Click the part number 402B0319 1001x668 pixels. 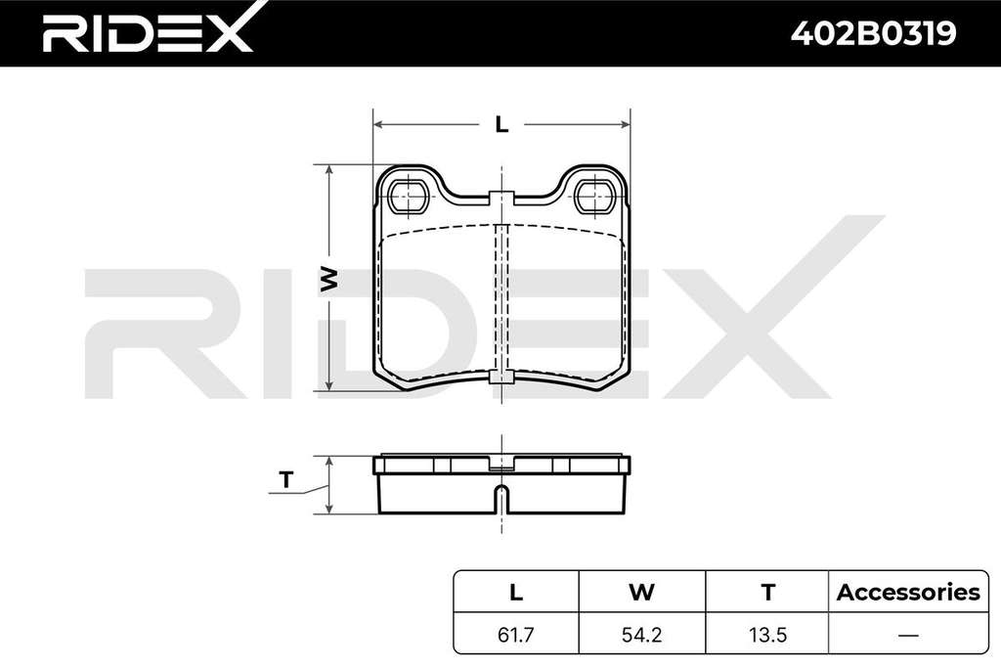pyautogui.click(x=873, y=33)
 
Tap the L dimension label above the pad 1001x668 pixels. pyautogui.click(x=501, y=124)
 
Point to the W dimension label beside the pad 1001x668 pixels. pyautogui.click(x=328, y=279)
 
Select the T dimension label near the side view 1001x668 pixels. pyautogui.click(x=286, y=479)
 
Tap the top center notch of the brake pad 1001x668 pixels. pyautogui.click(x=501, y=199)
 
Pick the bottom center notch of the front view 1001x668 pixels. pyautogui.click(x=501, y=378)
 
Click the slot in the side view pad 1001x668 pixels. pyautogui.click(x=502, y=499)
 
